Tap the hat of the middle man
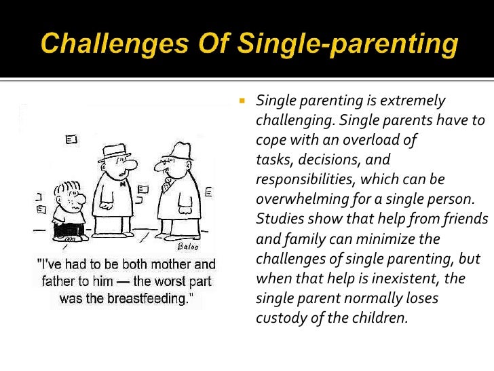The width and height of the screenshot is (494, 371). pos(115,152)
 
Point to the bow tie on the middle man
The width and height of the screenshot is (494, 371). pos(123,183)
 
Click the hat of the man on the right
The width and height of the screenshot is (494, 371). pos(177,151)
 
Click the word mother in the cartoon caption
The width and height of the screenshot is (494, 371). pos(168,264)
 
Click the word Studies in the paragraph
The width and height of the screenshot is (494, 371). pos(278,220)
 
